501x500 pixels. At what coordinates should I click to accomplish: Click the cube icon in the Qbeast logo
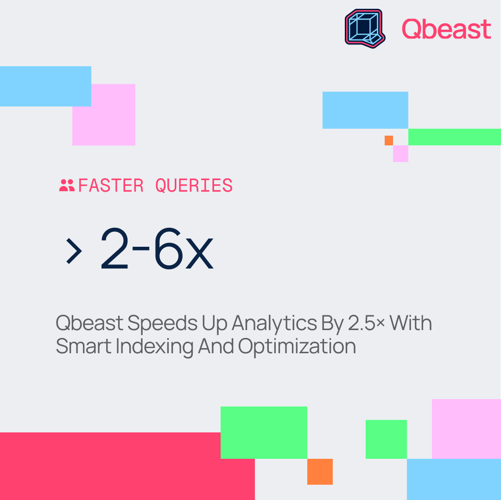point(365,28)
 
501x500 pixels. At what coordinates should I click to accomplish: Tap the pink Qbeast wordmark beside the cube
point(446,29)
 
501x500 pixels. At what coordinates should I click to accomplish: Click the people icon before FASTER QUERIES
point(67,185)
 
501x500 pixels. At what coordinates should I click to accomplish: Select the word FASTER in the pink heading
point(111,185)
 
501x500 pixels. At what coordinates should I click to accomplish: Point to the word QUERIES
point(194,185)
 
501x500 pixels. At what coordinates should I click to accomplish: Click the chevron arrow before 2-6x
point(74,251)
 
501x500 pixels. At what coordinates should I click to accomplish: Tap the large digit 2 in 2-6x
point(114,248)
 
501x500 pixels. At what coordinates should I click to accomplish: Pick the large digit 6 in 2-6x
point(168,248)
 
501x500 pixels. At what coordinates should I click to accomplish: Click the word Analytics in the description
point(274,324)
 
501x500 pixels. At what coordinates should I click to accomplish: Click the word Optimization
point(297,346)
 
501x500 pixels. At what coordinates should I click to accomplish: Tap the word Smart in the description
point(84,346)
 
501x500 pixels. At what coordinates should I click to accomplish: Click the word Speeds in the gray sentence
point(162,324)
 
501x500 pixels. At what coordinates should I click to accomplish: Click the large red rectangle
point(127,466)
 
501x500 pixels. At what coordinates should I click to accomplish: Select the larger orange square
point(320,472)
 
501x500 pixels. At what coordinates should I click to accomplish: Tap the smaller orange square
point(388,140)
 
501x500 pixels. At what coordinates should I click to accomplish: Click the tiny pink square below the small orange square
point(401,154)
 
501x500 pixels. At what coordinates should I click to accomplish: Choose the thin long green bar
point(455,137)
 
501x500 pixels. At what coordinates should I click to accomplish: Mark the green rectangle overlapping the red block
point(264,433)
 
